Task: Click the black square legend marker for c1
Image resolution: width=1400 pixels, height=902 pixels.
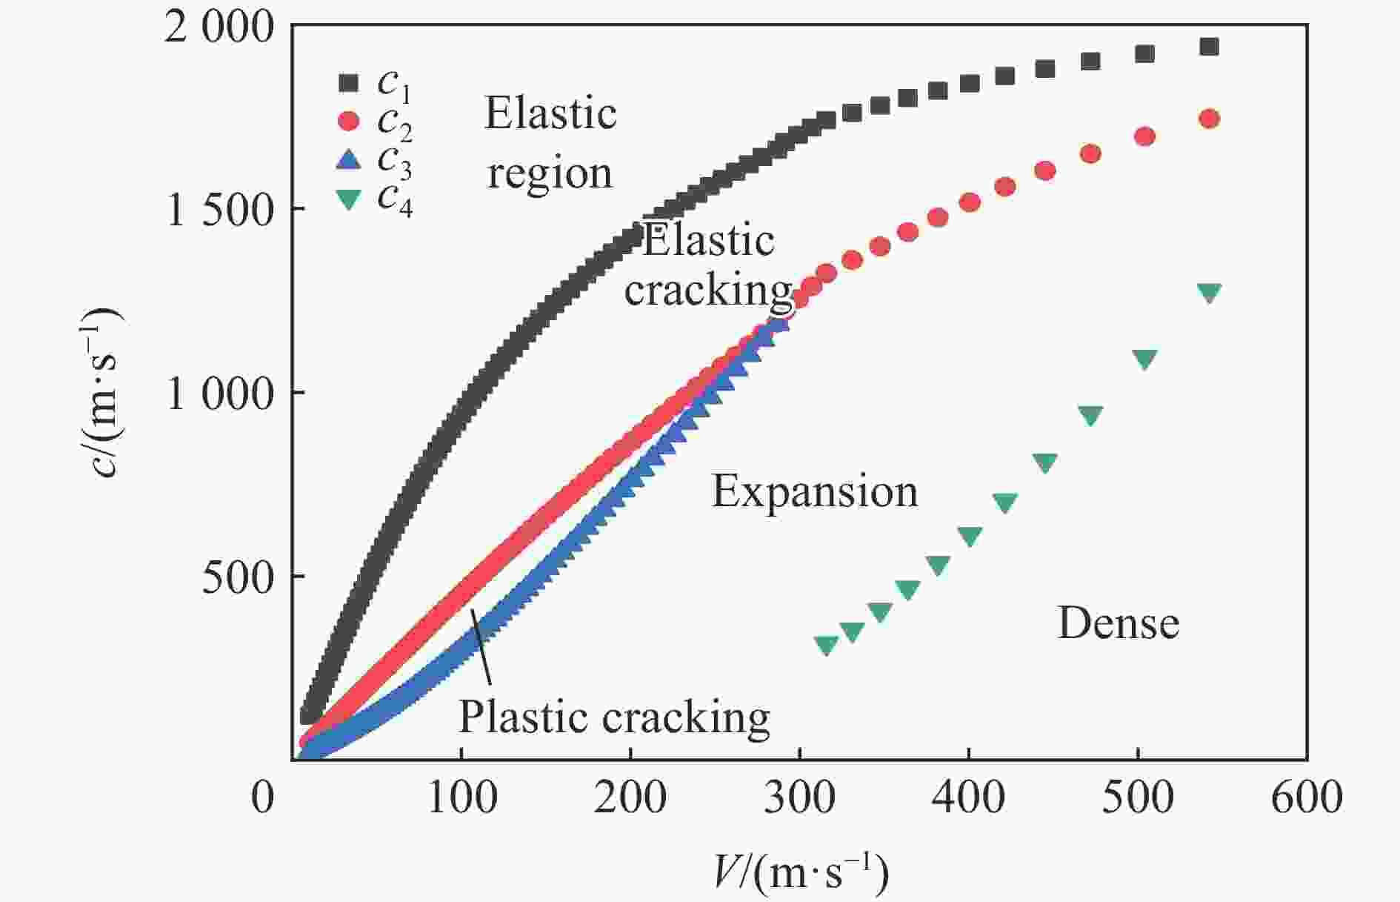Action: tap(347, 82)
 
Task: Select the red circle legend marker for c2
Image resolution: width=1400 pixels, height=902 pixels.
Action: tap(347, 121)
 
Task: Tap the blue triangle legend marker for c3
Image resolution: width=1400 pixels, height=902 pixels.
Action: tap(347, 159)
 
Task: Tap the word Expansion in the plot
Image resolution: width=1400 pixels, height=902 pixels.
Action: tap(815, 491)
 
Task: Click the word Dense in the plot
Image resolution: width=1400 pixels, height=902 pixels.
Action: tap(1118, 623)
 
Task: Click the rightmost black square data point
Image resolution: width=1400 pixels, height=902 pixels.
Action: tap(1209, 47)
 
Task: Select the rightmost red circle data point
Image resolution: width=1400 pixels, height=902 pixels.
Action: tap(1209, 119)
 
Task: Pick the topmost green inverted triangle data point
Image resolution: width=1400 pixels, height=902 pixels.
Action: tap(1209, 293)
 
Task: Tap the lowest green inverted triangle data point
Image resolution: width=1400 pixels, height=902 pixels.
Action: tap(826, 645)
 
